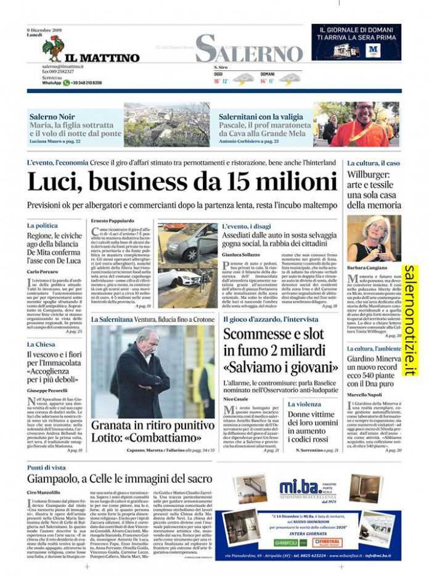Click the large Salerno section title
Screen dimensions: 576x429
249,48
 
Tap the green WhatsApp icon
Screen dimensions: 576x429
67,83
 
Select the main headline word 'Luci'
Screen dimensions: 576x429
54,183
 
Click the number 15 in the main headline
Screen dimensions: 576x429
239,183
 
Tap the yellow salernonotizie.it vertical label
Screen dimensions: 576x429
410,320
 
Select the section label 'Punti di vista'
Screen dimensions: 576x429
46,468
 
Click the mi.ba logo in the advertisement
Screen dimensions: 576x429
301,487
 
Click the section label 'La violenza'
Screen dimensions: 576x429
304,404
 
